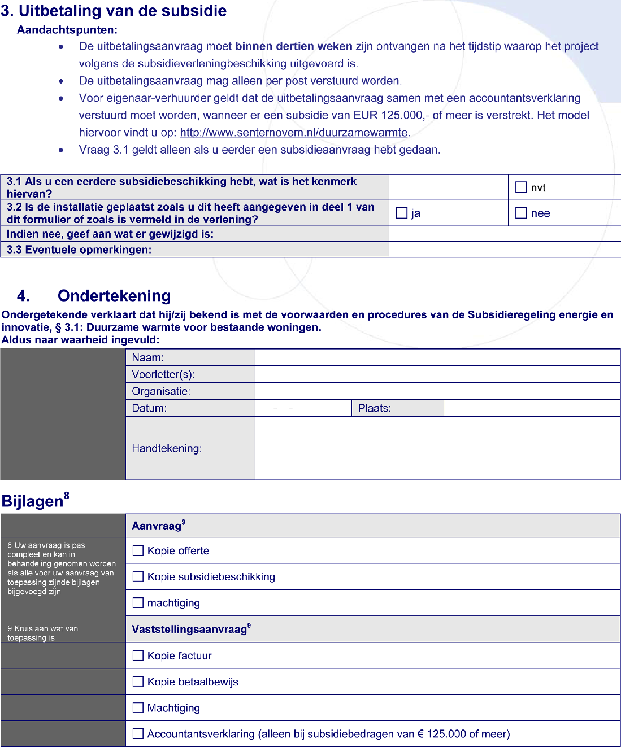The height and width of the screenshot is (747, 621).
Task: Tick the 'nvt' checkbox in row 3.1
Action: [521, 187]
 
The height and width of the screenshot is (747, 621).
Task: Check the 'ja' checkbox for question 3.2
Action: [402, 213]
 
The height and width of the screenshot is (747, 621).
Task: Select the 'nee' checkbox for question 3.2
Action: [521, 213]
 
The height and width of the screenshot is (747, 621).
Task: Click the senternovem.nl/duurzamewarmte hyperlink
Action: [294, 133]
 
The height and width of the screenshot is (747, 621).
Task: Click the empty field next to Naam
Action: [437, 357]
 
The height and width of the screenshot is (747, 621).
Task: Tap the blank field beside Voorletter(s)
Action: [437, 374]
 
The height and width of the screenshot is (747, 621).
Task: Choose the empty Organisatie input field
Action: [437, 391]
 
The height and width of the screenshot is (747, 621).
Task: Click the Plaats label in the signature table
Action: [375, 408]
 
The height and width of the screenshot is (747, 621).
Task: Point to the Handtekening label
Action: [167, 448]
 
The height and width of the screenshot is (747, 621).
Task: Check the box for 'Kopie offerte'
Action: [138, 551]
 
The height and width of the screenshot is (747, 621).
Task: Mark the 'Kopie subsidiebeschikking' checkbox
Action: [138, 576]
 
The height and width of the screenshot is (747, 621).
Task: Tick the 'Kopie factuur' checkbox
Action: [138, 656]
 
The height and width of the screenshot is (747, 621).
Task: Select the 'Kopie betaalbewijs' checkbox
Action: [138, 682]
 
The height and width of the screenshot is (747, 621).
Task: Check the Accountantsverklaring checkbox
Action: [138, 733]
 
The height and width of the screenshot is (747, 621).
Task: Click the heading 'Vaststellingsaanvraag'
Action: [189, 630]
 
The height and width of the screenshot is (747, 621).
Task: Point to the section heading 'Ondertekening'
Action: [114, 296]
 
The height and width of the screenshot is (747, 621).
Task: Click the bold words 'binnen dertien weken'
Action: [294, 46]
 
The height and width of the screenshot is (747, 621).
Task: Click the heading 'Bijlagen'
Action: [33, 501]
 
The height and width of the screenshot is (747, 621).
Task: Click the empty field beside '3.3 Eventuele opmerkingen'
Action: [505, 250]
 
